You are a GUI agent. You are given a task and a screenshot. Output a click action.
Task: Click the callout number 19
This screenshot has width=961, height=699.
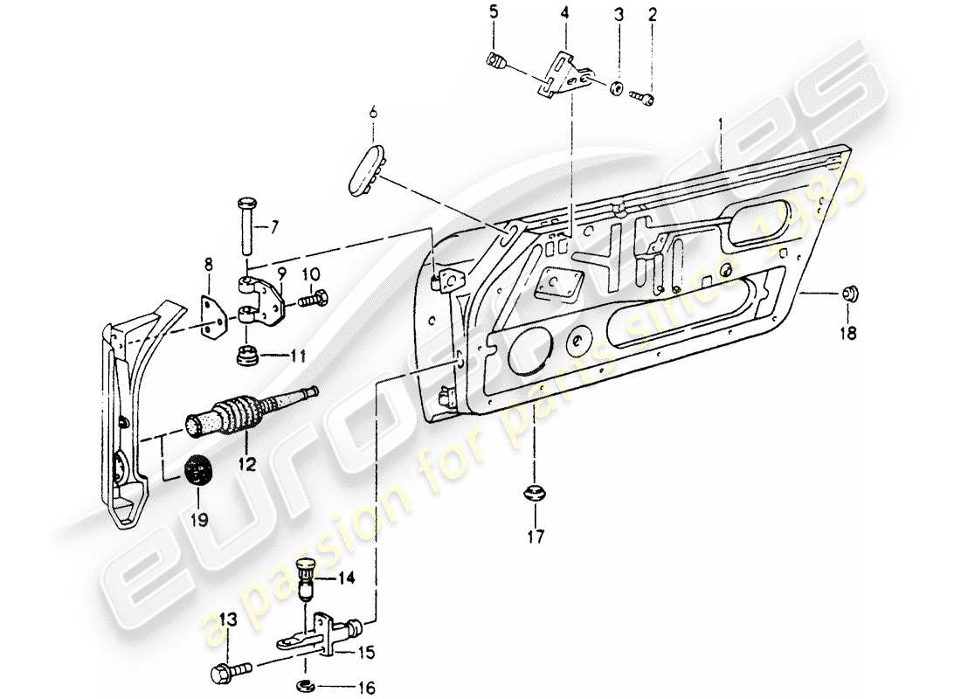pos(199,520)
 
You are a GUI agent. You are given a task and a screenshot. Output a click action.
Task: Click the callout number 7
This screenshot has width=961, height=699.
pos(274,228)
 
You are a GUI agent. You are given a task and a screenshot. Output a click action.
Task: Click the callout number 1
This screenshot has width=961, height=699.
pos(722,123)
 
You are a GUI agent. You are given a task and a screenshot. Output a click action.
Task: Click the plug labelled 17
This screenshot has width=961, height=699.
pos(533,493)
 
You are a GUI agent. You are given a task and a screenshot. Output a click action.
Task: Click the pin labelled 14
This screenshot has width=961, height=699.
pos(307,578)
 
